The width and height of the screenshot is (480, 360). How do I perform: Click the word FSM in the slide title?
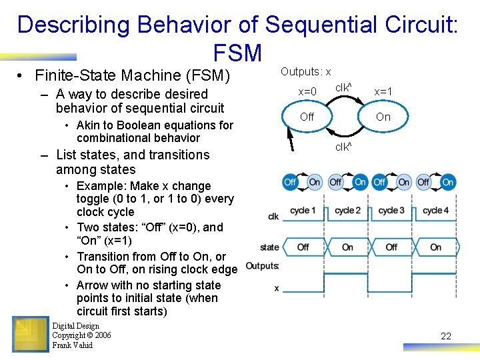237,53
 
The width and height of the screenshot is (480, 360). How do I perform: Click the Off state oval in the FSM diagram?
307,117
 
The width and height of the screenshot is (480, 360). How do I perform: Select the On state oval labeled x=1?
383,117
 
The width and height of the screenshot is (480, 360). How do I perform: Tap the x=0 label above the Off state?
307,91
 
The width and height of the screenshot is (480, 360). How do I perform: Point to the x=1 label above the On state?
383,91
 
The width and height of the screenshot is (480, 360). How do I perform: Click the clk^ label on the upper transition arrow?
343,87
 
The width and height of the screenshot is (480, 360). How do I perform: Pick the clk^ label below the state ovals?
343,147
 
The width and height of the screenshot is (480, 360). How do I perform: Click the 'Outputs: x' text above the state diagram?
305,71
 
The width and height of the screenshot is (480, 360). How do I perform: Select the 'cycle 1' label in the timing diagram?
303,210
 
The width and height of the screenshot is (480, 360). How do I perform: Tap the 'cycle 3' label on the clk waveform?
391,210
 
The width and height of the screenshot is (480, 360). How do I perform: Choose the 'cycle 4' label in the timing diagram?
435,210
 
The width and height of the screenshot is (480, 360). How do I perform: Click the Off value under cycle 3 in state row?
391,247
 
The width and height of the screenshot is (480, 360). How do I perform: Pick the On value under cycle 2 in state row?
347,247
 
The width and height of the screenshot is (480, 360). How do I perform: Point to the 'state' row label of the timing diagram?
269,247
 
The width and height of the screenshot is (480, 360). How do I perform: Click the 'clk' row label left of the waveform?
273,217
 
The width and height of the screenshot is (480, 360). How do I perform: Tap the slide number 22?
446,336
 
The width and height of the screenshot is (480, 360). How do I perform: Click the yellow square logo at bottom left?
30,334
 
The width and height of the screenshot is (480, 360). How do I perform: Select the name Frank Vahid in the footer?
72,345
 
